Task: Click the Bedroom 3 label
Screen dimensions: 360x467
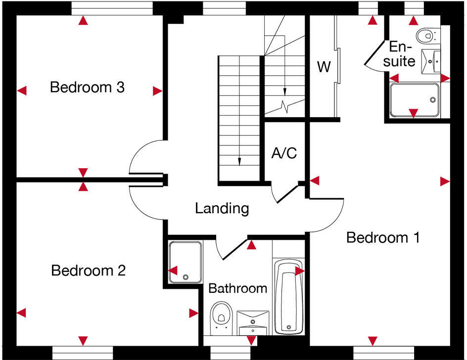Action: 87,88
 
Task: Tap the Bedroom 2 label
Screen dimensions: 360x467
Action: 88,271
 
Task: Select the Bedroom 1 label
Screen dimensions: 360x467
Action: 382,238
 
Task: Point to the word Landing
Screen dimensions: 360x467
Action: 222,208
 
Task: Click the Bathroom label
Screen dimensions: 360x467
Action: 237,288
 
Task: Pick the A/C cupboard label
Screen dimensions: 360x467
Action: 284,153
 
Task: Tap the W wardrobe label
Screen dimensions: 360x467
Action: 324,67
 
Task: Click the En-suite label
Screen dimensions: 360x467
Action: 401,54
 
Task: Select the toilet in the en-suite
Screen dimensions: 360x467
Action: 426,35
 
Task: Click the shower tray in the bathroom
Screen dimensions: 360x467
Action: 186,262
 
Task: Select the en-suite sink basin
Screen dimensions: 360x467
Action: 432,60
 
